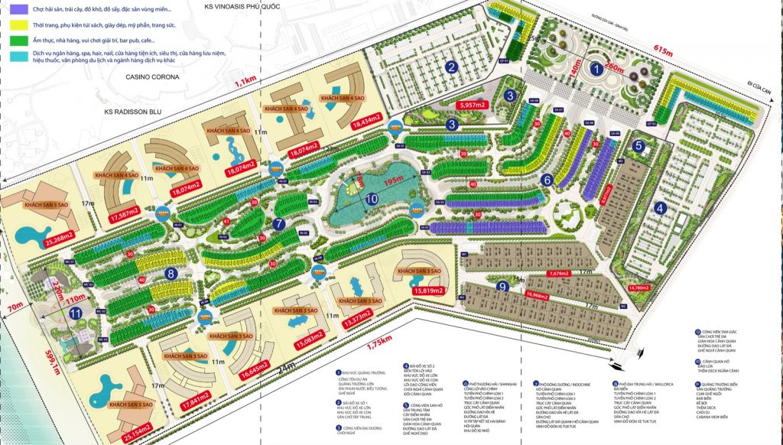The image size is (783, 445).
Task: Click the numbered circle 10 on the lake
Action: [x=371, y=198]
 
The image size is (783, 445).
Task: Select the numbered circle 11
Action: [x=74, y=313]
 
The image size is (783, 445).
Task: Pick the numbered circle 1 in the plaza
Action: [x=596, y=70]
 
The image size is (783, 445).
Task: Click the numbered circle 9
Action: [x=502, y=286]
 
